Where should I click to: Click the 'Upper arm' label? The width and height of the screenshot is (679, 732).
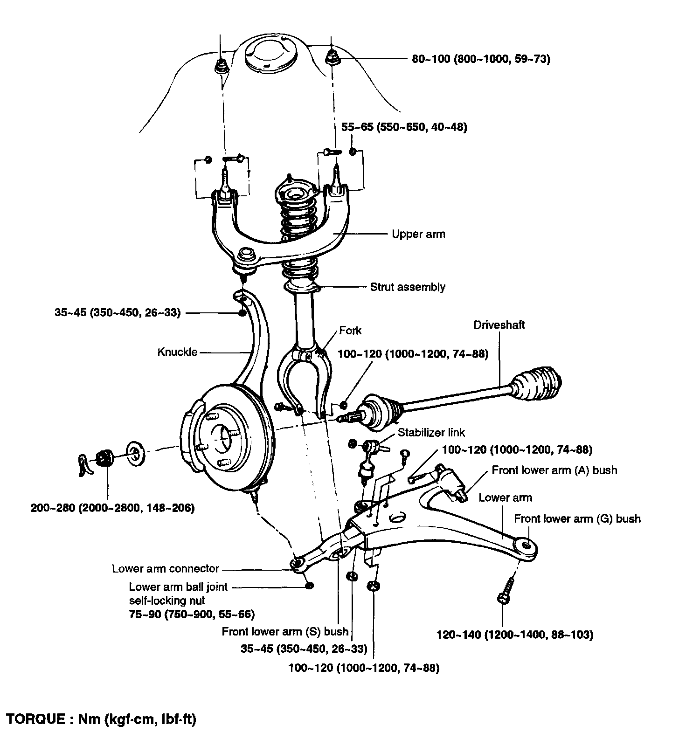(418, 234)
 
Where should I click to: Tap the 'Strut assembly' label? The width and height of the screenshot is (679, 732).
(407, 287)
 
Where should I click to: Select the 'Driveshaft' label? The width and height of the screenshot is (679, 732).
(499, 325)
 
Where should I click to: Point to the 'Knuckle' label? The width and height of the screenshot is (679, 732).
(177, 352)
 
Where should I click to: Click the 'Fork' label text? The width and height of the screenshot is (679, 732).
(350, 331)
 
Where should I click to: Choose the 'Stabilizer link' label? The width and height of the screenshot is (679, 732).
(431, 432)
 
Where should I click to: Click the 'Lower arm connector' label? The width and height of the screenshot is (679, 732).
(166, 568)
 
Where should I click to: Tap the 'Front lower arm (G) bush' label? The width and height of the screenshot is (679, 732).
(577, 518)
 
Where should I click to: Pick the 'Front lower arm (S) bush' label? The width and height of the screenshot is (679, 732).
(285, 631)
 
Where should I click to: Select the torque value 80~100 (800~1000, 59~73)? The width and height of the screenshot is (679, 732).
(481, 59)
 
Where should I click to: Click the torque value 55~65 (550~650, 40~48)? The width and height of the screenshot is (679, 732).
(404, 127)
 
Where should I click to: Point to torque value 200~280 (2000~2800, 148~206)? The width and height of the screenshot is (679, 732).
(112, 508)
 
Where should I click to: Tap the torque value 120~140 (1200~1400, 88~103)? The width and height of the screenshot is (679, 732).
(514, 635)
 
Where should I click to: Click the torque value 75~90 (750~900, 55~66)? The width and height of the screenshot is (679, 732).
(192, 614)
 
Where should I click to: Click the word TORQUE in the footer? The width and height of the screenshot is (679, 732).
(35, 719)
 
